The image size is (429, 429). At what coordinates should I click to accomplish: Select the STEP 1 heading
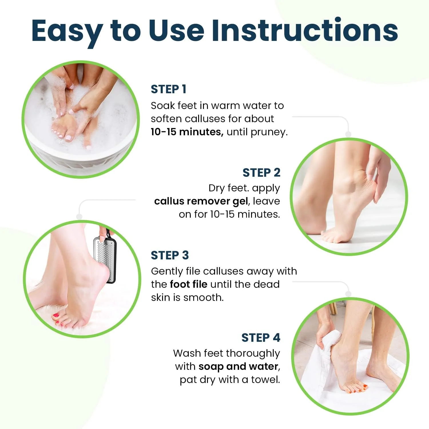pyautogui.click(x=168, y=89)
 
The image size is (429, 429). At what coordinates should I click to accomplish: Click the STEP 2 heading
pyautogui.click(x=261, y=173)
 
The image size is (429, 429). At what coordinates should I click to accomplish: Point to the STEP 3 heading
pyautogui.click(x=170, y=255)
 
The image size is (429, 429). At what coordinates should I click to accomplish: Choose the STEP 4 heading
pyautogui.click(x=261, y=338)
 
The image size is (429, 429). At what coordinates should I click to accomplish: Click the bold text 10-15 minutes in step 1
pyautogui.click(x=187, y=132)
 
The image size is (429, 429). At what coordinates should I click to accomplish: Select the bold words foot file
pyautogui.click(x=188, y=284)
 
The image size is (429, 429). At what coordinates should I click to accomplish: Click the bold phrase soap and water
pyautogui.click(x=238, y=366)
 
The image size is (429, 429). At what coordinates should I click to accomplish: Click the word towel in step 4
pyautogui.click(x=265, y=380)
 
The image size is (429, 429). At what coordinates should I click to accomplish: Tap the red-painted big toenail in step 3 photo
pyautogui.click(x=55, y=316)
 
